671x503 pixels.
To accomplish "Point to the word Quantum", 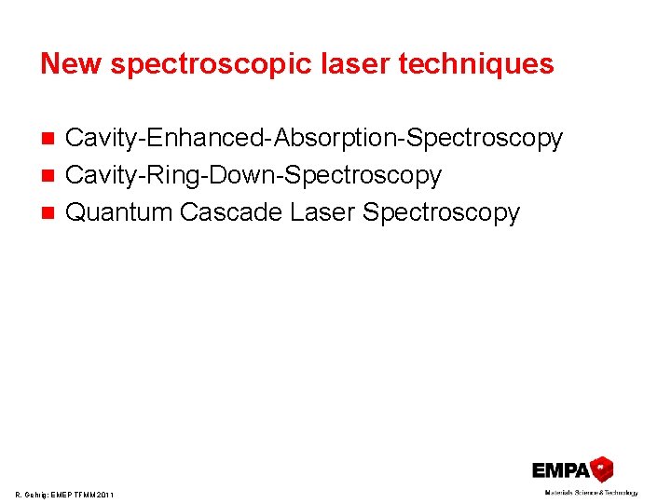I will [119, 212].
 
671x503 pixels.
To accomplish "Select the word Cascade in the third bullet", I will [230, 212].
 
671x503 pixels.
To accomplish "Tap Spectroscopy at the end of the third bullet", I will [441, 212].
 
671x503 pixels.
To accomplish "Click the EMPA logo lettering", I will [561, 470].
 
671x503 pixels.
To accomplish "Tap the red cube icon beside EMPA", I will [603, 468].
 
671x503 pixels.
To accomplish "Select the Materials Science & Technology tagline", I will [591, 492].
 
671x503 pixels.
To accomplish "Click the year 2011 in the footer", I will [103, 495].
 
